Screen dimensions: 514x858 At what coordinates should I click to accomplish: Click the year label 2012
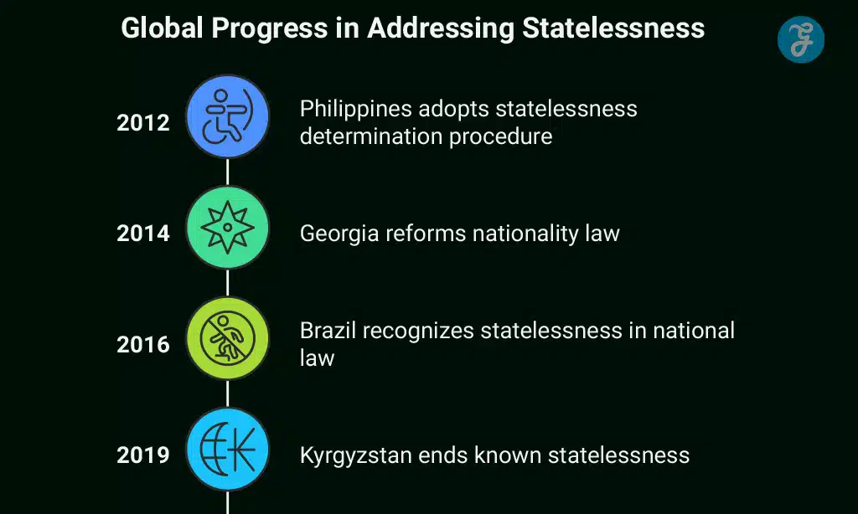(x=142, y=123)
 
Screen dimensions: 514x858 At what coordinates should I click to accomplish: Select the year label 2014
(x=142, y=234)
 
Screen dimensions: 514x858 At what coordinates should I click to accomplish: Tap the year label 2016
(x=142, y=344)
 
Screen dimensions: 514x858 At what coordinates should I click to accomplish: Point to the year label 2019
(x=142, y=455)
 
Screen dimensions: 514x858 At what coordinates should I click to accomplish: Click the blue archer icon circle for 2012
(x=227, y=116)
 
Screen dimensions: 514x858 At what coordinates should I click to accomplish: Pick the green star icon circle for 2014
(x=227, y=227)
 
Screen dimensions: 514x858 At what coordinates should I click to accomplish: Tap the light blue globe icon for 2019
(x=227, y=449)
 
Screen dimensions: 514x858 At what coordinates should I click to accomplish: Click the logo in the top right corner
(x=800, y=39)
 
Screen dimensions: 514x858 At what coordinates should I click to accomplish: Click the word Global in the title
(x=162, y=28)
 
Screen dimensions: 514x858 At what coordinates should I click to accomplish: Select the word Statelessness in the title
(x=613, y=28)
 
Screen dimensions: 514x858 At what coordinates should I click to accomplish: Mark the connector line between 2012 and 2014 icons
(x=227, y=172)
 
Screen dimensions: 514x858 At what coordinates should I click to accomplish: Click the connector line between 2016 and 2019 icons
(x=227, y=393)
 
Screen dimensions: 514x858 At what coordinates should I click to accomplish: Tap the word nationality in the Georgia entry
(x=491, y=234)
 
